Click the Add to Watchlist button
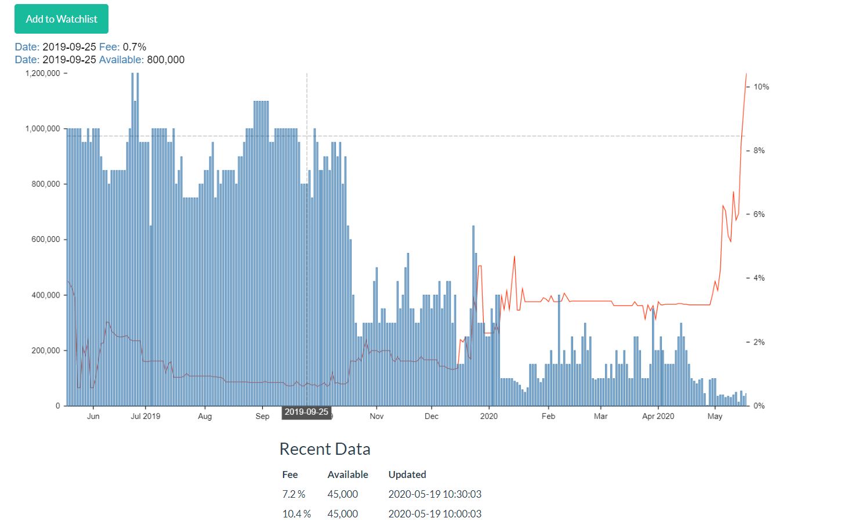pos(61,19)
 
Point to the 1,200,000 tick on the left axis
pos(42,74)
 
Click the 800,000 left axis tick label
pos(45,184)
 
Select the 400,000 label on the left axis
pos(45,295)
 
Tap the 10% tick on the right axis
pos(761,87)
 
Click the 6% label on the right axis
pos(759,215)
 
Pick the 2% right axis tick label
pos(759,342)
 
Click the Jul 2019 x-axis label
pos(145,416)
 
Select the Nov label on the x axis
pos(376,416)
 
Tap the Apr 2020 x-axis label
pos(658,416)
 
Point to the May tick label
pos(715,416)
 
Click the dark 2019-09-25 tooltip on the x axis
pos(306,412)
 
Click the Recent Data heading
pos(325,449)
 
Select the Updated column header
pos(407,475)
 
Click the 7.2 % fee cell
pos(294,494)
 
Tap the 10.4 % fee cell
pos(296,514)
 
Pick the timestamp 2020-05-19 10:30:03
pos(434,494)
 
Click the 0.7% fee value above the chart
pos(135,47)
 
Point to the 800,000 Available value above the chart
pos(166,60)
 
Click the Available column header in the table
pos(347,475)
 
